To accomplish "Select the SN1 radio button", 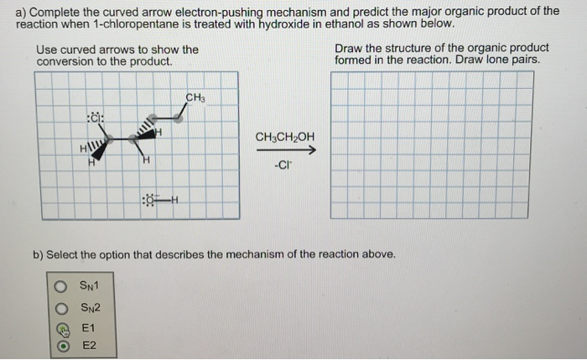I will tap(60, 287).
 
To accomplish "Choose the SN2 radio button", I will tap(60, 307).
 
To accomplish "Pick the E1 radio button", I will tap(60, 327).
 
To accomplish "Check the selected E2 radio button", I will tap(60, 346).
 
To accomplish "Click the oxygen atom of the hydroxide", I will tap(151, 200).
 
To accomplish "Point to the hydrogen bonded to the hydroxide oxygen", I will tap(177, 200).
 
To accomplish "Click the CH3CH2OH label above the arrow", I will tap(285, 136).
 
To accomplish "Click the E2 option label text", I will tap(88, 346).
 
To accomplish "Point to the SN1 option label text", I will tap(89, 287).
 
